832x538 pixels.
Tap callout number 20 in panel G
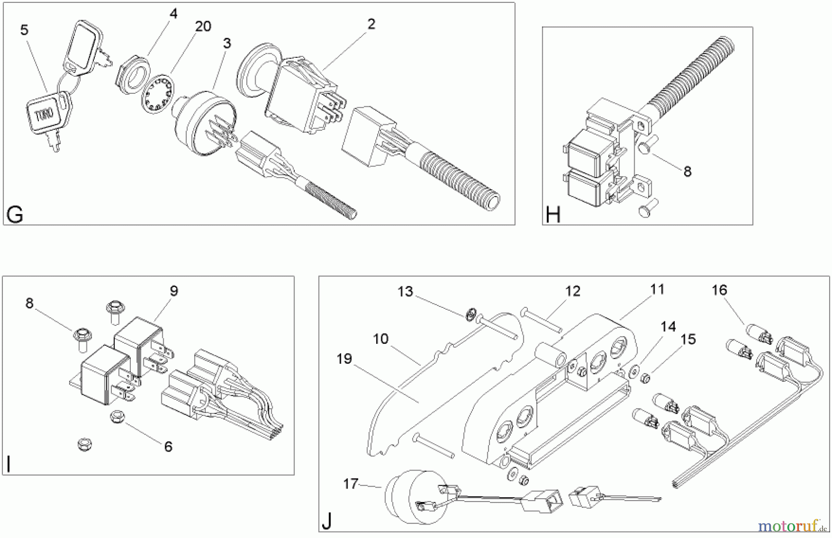pos(203,26)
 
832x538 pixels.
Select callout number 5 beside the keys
pos(24,31)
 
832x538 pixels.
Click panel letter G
pos(15,215)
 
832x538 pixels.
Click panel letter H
pos(553,215)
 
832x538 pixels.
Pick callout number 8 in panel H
pos(687,171)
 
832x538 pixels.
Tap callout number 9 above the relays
pos(174,291)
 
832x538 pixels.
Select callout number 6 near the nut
pos(168,446)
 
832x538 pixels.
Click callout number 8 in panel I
pos(30,304)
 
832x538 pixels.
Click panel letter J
pos(327,522)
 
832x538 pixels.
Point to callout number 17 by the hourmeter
pos(351,484)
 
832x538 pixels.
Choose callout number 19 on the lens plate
pos(344,359)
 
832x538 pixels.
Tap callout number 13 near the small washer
pos(405,292)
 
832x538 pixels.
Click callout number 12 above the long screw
pos(572,291)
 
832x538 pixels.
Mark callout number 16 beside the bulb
pos(720,290)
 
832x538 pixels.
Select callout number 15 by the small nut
pos(688,339)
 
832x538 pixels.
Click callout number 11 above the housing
pos(657,290)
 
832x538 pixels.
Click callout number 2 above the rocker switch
pos(371,24)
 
